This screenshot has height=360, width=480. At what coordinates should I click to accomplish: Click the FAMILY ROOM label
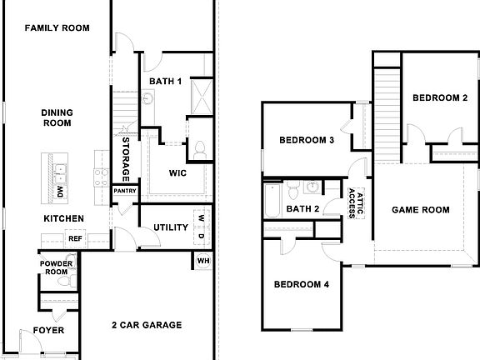point(57,28)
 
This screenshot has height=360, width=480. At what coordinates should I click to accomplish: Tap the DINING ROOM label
point(57,117)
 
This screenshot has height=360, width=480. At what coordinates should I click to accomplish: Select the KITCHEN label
point(64,218)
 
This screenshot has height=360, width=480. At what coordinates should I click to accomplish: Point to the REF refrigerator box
point(75,238)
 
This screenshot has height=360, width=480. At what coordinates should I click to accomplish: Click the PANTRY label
point(125,191)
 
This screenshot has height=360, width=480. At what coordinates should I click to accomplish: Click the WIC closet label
point(177,174)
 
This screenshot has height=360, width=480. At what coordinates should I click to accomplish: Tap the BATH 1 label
point(167,81)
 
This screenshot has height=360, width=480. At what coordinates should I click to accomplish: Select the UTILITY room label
point(170,227)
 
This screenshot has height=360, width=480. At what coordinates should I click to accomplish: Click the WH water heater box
point(203,261)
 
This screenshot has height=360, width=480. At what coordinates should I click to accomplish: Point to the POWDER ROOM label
point(57,267)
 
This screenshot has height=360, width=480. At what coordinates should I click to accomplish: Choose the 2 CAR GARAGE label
point(147,325)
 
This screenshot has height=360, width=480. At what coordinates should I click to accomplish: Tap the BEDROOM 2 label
point(440,97)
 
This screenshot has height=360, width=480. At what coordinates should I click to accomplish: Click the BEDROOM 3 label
point(307,140)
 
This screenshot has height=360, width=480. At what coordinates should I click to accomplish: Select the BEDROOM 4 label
point(302,284)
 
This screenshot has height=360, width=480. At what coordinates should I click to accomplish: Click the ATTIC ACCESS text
point(356,202)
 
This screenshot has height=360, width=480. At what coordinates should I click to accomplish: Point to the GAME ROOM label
point(421,210)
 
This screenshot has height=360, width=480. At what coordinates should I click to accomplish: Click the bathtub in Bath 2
point(272,201)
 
